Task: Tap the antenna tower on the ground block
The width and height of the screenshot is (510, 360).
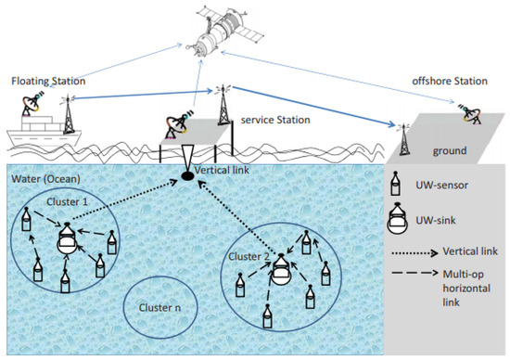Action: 405,137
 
